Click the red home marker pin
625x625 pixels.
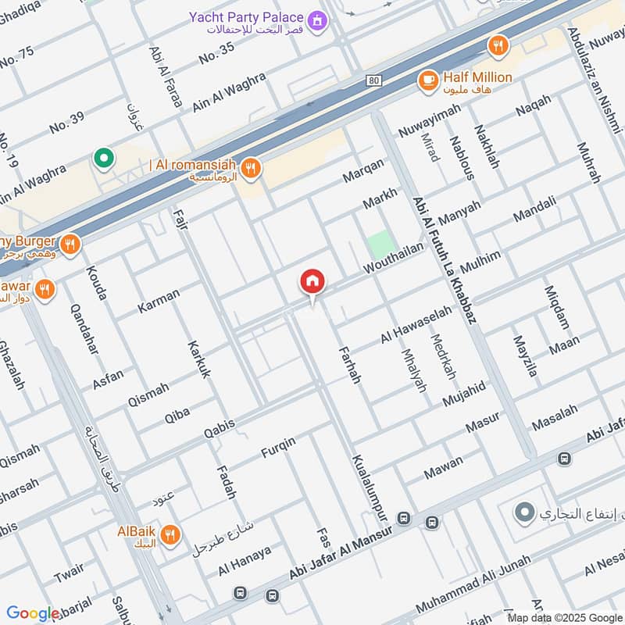click(312, 282)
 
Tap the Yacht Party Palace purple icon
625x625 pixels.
click(317, 18)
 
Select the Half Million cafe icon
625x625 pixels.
click(427, 79)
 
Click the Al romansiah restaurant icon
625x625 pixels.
click(250, 166)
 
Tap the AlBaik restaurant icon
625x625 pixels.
click(170, 535)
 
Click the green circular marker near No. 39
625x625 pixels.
click(102, 159)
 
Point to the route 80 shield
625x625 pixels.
click(373, 80)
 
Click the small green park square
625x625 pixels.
click(380, 245)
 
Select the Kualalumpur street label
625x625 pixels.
click(370, 488)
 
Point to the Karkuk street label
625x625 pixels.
click(199, 359)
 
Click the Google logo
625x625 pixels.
click(34, 613)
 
